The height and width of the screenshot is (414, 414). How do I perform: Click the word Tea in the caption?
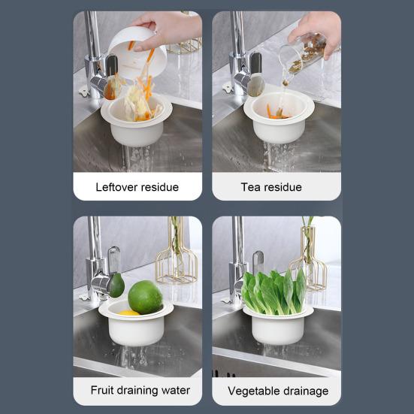252,187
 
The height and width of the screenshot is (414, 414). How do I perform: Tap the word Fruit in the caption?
104,391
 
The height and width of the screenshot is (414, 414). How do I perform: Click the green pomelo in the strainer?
145,297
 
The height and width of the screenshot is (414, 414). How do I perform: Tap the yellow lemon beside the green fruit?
128,311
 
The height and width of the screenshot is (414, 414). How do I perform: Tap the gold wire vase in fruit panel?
176,255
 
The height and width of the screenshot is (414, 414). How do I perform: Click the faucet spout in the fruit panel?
102,282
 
